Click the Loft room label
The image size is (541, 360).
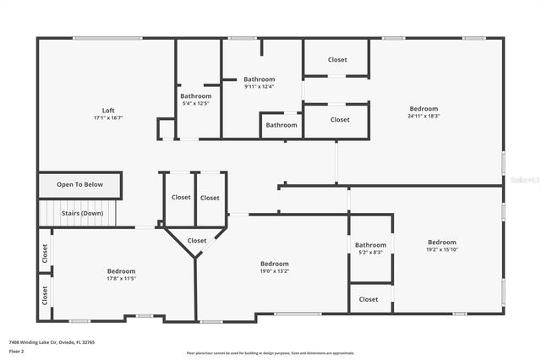tap(108, 111)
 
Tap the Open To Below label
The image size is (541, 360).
tap(80, 184)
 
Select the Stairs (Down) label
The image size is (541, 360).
tap(83, 214)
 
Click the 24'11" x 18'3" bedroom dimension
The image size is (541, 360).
tap(424, 116)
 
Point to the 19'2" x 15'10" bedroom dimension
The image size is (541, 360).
tap(441, 249)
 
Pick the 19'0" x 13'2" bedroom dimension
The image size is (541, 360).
tap(274, 271)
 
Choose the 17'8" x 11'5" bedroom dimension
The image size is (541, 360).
tap(122, 278)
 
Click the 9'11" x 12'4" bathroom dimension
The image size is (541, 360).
tap(260, 86)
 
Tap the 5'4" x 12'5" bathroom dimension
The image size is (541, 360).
tap(195, 103)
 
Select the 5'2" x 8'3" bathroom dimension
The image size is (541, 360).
tap(370, 252)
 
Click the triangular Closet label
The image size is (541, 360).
tap(196, 241)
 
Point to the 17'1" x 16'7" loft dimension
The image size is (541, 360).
tap(108, 118)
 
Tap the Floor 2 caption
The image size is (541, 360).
tap(18, 350)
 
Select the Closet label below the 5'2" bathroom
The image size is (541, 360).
tap(369, 299)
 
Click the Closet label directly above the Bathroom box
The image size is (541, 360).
tap(337, 60)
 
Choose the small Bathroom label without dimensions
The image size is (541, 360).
tap(281, 125)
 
